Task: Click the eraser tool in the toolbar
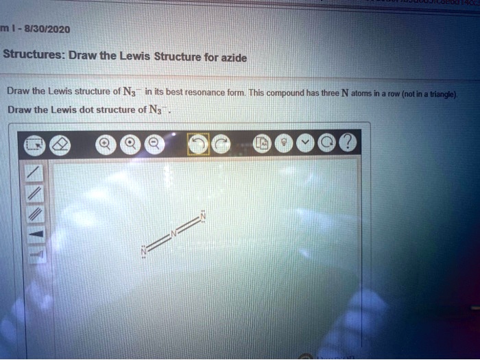click(61, 143)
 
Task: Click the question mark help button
click(348, 143)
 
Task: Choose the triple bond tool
click(36, 215)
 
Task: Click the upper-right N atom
click(202, 217)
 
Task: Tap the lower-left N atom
click(144, 252)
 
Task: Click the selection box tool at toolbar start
click(34, 143)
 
